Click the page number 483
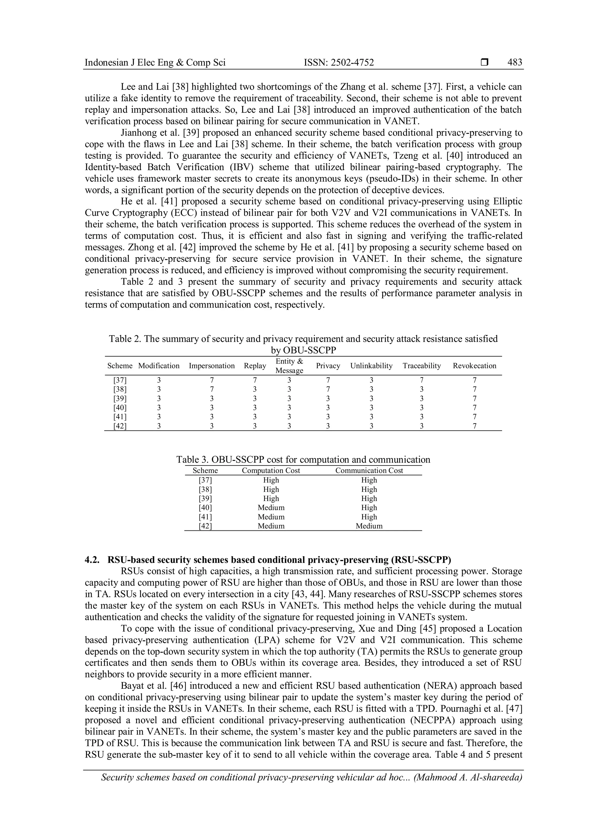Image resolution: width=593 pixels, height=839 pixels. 515,63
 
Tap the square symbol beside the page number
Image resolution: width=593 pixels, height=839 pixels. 484,63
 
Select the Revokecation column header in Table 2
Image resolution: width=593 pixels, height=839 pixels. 474,366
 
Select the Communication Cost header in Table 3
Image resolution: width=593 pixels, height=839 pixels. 369,471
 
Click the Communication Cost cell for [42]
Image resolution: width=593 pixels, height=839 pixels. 369,526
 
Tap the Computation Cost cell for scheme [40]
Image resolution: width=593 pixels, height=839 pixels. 271,508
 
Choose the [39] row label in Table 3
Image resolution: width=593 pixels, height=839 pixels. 205,498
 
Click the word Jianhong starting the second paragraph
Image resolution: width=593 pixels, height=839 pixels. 138,133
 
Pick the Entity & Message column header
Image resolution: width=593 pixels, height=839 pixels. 289,366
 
